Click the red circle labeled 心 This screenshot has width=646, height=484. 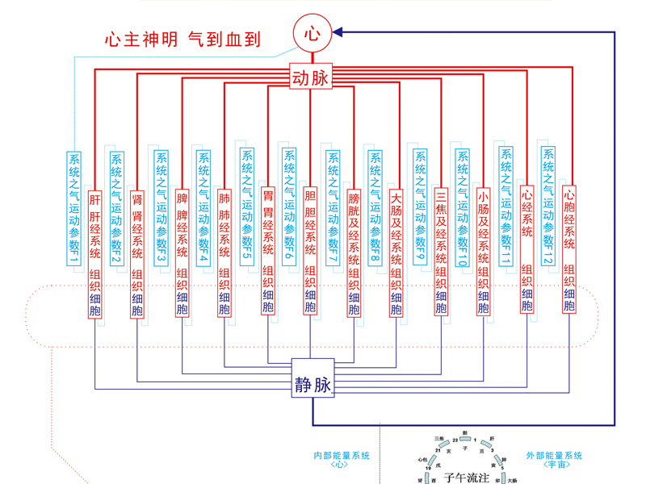click(312, 33)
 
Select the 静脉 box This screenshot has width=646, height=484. click(312, 386)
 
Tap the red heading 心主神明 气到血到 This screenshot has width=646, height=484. click(182, 38)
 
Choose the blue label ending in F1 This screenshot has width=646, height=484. click(73, 208)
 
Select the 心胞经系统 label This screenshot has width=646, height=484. click(569, 218)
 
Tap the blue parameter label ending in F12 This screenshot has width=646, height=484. click(548, 208)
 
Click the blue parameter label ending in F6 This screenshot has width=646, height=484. click(289, 208)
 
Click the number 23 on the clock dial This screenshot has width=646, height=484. click(455, 440)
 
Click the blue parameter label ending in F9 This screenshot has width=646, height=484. click(418, 208)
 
